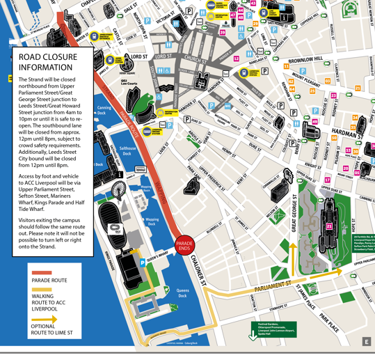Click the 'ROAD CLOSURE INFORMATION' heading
tap(46, 62)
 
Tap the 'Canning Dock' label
tap(104, 109)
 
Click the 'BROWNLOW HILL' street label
tap(301, 61)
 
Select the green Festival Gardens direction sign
tap(273, 329)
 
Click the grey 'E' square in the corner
tap(366, 341)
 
